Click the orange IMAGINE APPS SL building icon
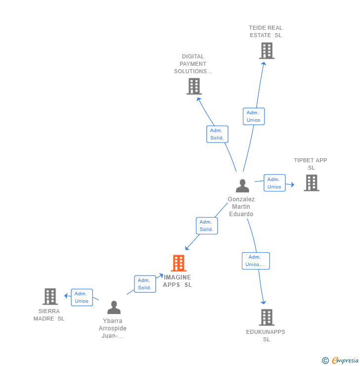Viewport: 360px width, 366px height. [x=179, y=263]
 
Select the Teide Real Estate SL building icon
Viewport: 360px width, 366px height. [x=267, y=50]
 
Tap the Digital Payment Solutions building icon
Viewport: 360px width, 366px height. [x=194, y=86]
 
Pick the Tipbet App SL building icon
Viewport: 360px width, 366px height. [x=311, y=183]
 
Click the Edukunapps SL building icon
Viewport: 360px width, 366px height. [x=267, y=317]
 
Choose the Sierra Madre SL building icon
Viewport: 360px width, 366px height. [x=50, y=296]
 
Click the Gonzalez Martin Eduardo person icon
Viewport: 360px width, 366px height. [x=242, y=186]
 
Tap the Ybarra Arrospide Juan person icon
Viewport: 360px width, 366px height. [x=114, y=308]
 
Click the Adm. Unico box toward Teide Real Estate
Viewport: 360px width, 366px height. [x=254, y=116]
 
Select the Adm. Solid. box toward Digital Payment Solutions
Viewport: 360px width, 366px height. [x=217, y=134]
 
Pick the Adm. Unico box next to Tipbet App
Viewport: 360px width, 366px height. [x=274, y=183]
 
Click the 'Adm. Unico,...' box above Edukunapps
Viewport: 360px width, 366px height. [x=256, y=261]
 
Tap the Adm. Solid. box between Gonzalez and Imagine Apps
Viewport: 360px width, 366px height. [x=207, y=226]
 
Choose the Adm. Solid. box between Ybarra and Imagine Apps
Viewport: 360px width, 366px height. [x=145, y=284]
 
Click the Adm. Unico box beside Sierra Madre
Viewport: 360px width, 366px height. [x=82, y=297]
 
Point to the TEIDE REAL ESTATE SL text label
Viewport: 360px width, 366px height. [x=266, y=32]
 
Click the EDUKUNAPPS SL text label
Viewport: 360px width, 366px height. [x=266, y=335]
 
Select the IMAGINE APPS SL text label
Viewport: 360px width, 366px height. [x=178, y=281]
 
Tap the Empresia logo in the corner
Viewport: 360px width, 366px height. [x=340, y=361]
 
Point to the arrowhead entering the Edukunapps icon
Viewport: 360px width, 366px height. [x=264, y=302]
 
